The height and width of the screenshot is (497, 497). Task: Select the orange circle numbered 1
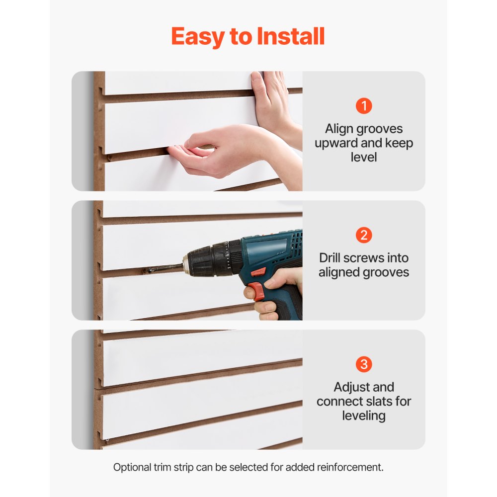coord(364,106)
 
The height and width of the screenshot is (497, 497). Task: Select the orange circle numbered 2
coord(364,235)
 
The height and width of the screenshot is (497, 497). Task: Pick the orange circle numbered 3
coord(364,364)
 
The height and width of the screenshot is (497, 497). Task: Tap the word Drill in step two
coord(332,258)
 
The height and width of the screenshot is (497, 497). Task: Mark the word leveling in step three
coord(364,415)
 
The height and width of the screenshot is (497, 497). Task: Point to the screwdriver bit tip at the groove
coord(149,270)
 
